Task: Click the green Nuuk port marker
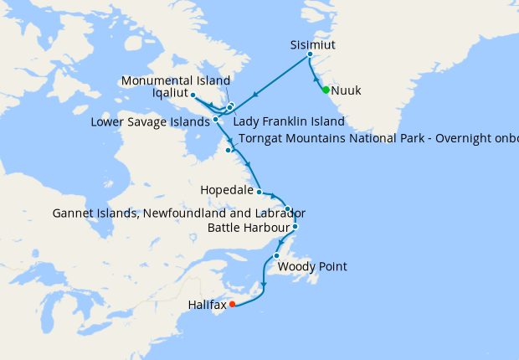pyautogui.click(x=326, y=90)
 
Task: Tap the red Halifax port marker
pyautogui.click(x=233, y=304)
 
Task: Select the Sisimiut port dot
pyautogui.click(x=310, y=54)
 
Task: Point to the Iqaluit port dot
pyautogui.click(x=193, y=95)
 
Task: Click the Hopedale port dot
pyautogui.click(x=259, y=192)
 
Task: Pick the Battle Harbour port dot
pyautogui.click(x=295, y=226)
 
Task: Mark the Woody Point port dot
pyautogui.click(x=276, y=255)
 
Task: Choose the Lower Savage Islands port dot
pyautogui.click(x=216, y=119)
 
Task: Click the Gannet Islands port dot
pyautogui.click(x=287, y=208)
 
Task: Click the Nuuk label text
pyautogui.click(x=347, y=90)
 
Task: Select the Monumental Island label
pyautogui.click(x=175, y=80)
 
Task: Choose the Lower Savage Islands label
pyautogui.click(x=149, y=122)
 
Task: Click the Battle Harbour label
pyautogui.click(x=248, y=227)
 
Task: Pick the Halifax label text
pyautogui.click(x=208, y=305)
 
